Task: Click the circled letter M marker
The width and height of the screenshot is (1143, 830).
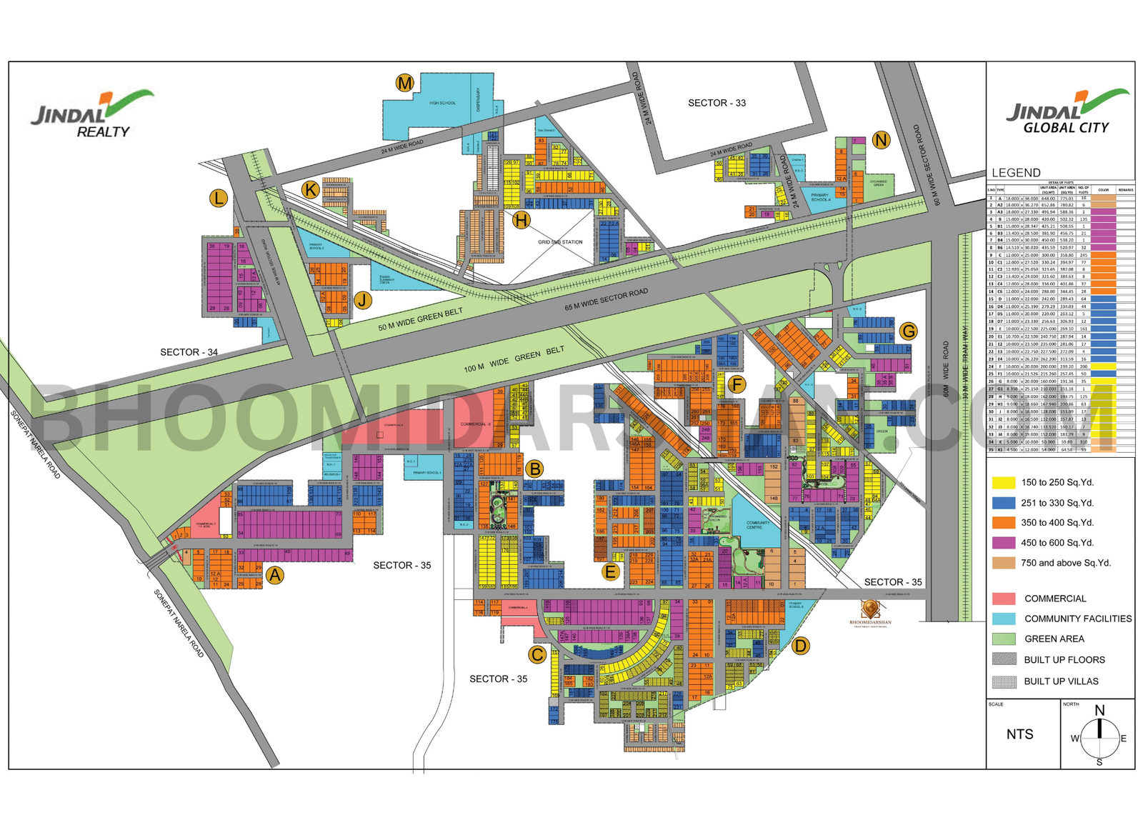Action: click(405, 83)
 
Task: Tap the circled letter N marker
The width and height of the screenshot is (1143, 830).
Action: click(881, 140)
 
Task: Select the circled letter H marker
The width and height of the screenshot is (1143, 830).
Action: click(521, 220)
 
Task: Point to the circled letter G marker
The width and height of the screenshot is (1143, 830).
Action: click(908, 331)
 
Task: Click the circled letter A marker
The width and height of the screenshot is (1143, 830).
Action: click(275, 575)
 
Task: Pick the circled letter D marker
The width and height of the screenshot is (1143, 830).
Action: click(801, 646)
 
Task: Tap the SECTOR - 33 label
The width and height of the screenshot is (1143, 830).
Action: click(717, 103)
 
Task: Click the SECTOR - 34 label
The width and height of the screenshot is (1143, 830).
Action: click(189, 352)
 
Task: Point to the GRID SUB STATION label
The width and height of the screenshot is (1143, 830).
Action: click(560, 242)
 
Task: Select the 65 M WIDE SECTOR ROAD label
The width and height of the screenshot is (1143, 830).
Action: click(606, 300)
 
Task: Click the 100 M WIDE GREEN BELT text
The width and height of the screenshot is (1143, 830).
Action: click(514, 359)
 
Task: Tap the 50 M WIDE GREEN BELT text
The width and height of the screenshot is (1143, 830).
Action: click(420, 319)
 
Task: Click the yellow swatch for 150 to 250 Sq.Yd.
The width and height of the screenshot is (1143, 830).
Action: click(1004, 483)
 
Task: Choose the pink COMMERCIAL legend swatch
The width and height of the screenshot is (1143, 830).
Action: click(1004, 599)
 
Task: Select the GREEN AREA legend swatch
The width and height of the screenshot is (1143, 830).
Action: click(1004, 639)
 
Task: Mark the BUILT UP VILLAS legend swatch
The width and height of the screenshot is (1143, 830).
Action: click(1004, 681)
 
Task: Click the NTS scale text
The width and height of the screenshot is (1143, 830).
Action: click(1019, 734)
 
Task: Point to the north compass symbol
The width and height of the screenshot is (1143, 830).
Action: click(1099, 737)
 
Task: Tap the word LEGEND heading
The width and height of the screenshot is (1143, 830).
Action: click(1016, 173)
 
